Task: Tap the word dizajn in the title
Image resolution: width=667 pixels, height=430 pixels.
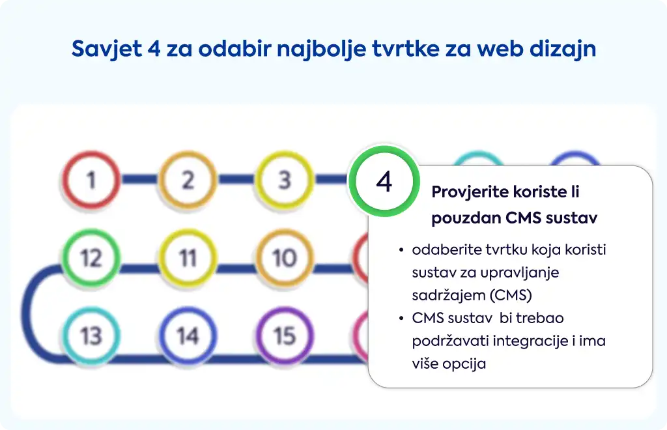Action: coord(562,49)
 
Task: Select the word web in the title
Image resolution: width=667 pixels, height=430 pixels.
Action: coord(500,48)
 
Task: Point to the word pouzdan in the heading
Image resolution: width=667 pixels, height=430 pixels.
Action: coord(465,218)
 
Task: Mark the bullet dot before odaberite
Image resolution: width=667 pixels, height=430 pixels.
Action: coord(401,250)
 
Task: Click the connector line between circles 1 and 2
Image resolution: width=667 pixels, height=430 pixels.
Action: coord(139,179)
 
